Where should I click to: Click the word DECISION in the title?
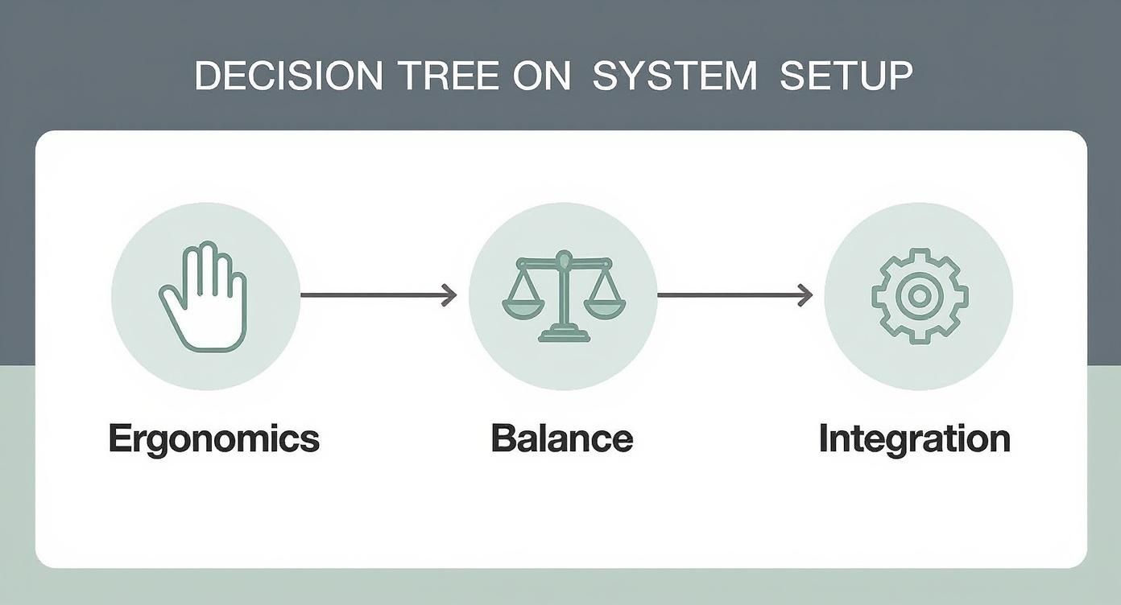click(x=288, y=76)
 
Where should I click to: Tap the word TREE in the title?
click(x=450, y=76)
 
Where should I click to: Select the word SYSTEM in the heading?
click(x=675, y=76)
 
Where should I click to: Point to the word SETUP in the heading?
click(x=846, y=76)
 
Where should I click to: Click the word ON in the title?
click(x=541, y=76)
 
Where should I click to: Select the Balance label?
click(x=562, y=438)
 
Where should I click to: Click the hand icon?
click(x=203, y=297)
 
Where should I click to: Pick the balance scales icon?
click(x=564, y=296)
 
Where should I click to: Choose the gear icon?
click(x=920, y=296)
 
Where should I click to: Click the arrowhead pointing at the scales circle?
click(x=449, y=295)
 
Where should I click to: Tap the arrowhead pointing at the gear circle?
click(x=805, y=295)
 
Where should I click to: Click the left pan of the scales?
click(x=523, y=308)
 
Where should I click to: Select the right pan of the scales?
click(x=605, y=308)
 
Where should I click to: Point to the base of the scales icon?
click(x=564, y=334)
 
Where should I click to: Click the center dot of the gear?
click(x=920, y=296)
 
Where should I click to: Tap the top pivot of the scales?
click(x=564, y=258)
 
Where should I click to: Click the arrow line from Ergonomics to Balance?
click(x=378, y=295)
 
